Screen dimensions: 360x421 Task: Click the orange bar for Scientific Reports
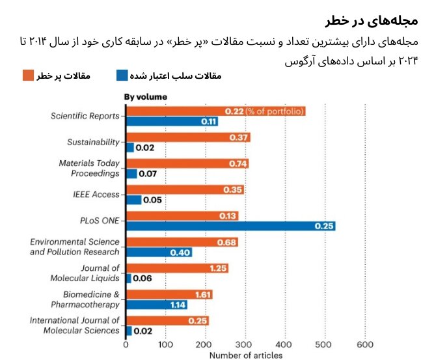point(215,111)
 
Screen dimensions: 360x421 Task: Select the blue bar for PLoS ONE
point(231,226)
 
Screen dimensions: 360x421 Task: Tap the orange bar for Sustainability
point(187,137)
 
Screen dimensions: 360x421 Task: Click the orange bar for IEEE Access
point(184,190)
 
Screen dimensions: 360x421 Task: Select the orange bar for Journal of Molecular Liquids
point(176,268)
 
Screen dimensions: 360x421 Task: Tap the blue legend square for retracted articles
point(122,76)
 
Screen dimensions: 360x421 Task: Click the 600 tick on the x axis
point(365,344)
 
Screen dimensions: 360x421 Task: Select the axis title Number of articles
point(245,355)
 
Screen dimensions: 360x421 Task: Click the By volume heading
point(145,97)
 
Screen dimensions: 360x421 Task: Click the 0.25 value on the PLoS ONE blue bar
point(323,226)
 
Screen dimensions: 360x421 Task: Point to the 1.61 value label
point(202,294)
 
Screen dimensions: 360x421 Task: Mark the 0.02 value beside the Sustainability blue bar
point(144,148)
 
